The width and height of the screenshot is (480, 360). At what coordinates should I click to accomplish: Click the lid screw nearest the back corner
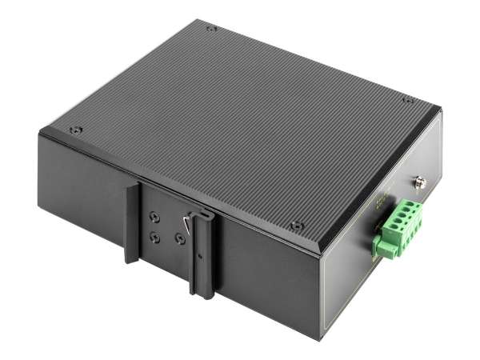pos(211,29)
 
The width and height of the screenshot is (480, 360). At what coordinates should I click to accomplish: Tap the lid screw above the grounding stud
pos(408,100)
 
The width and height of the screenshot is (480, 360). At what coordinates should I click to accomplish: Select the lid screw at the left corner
pos(75,129)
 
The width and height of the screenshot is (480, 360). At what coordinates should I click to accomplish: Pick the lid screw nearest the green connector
pos(297,226)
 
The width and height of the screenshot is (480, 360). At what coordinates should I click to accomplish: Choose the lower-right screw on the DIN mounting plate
pos(178,238)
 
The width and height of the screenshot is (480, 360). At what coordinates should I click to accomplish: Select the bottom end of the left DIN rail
pos(131,258)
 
